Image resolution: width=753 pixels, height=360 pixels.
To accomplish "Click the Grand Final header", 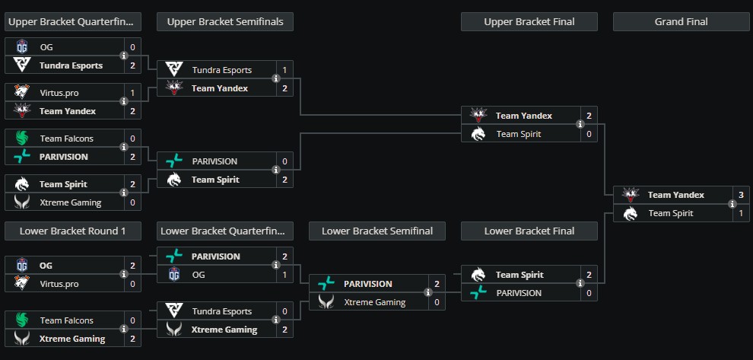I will [681, 22].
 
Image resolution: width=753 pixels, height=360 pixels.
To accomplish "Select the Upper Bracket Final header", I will [529, 22].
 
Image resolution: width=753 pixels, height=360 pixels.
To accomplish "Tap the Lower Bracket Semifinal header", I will [376, 231].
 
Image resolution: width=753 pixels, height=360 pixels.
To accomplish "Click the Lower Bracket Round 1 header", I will [72, 231].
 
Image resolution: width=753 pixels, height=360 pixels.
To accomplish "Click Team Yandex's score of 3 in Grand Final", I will [742, 195].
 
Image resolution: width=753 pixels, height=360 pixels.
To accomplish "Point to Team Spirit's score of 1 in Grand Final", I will [742, 213].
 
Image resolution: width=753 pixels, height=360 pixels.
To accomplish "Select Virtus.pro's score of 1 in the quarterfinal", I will [133, 93].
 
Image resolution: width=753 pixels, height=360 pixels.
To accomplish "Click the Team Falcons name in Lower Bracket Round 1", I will [66, 320].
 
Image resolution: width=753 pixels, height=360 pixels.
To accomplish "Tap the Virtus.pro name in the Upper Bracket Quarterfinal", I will [59, 93].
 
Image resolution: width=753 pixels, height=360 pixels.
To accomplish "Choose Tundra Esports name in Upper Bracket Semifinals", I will [221, 70].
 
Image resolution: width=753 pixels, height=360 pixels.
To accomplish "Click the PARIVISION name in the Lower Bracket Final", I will [519, 293].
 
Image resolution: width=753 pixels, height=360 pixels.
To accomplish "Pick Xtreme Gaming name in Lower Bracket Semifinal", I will [374, 302].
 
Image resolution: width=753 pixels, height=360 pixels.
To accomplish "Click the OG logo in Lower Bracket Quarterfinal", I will [174, 275].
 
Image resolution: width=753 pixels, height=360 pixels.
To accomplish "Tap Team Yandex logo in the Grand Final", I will [631, 195].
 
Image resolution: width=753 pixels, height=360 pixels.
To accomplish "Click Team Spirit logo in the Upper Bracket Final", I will [478, 134].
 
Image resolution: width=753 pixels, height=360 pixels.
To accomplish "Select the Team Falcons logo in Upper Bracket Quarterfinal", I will [22, 139].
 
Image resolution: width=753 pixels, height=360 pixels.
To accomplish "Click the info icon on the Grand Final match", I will [732, 204].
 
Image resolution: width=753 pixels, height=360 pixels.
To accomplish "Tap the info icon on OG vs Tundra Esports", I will [124, 56].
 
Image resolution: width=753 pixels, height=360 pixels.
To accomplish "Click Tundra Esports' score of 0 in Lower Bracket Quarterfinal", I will [285, 311].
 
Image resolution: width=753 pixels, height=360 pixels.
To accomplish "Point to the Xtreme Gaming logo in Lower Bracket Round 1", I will [22, 339].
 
